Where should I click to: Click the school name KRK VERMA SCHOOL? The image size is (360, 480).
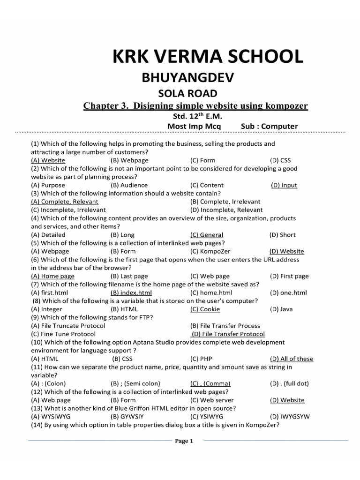207,57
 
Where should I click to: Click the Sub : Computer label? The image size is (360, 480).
269,127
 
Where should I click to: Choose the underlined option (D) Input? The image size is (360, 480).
284,185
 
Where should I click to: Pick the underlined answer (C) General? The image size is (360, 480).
207,235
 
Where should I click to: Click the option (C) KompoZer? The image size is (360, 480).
210,251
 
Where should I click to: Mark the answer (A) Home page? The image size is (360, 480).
52,276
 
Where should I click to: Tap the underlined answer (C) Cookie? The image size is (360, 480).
205,309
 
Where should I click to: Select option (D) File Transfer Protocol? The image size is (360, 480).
228,334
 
